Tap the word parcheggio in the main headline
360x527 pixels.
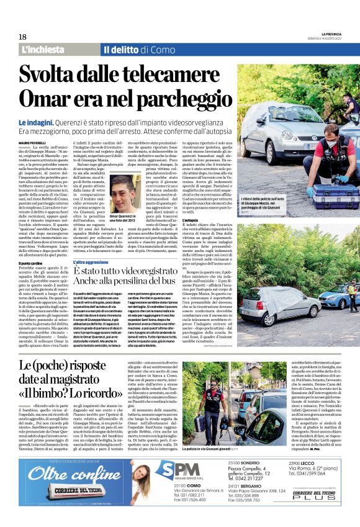(172, 99)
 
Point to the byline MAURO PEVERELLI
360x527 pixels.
(34, 143)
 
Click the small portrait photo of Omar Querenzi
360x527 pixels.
(127, 192)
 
